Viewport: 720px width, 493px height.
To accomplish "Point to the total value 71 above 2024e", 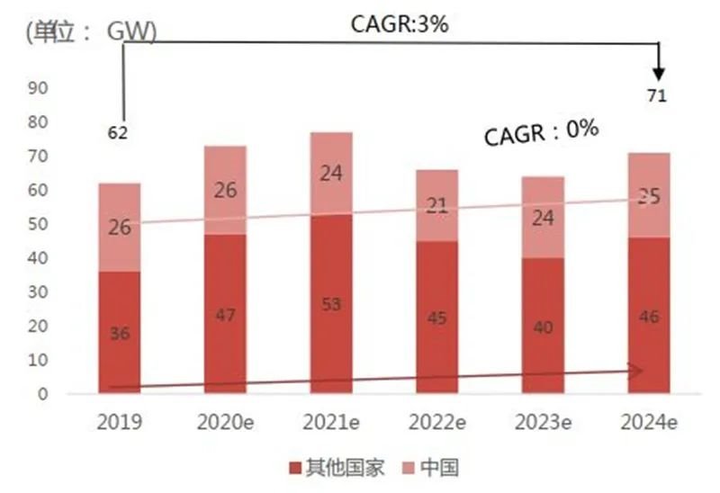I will (657, 96).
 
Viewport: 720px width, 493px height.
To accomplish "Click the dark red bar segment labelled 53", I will (330, 303).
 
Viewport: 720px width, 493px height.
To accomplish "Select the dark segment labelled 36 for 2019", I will (119, 333).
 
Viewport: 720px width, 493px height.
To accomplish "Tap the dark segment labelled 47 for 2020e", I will (225, 314).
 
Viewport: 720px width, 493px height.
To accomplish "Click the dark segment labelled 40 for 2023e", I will (542, 326).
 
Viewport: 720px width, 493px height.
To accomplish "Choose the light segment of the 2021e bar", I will (330, 174).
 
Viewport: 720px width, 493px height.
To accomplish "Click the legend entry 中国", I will (431, 468).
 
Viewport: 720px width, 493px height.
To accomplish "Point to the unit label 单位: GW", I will (91, 32).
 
